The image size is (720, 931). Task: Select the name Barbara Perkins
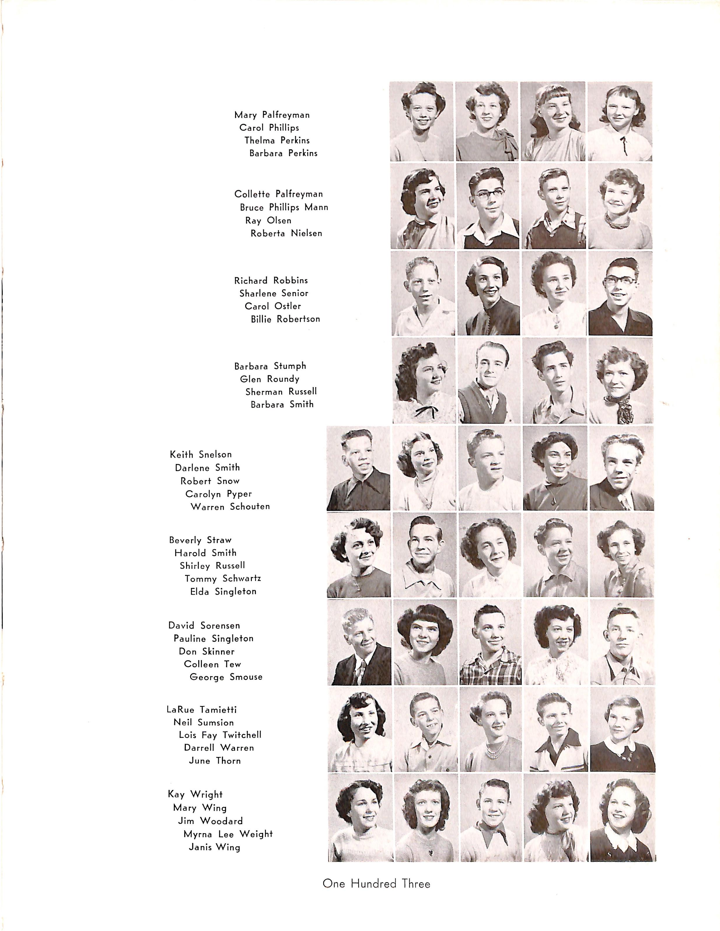point(283,153)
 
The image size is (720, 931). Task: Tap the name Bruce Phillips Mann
point(284,208)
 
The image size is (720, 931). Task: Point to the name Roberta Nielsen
point(286,234)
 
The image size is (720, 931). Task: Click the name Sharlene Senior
point(273,293)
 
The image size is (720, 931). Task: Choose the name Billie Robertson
point(285,319)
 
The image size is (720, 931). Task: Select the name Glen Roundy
point(270,379)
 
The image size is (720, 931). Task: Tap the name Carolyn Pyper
point(219,494)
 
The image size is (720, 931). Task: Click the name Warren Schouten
point(230,507)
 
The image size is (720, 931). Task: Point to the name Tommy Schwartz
point(223,579)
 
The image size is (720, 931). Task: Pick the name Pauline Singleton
point(213,639)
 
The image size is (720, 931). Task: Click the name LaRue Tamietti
point(201,710)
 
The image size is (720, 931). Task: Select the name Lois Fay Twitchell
point(220,735)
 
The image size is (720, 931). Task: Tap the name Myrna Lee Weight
point(228,834)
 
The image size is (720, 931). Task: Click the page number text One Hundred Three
point(376,884)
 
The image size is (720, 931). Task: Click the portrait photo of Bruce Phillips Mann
point(487,207)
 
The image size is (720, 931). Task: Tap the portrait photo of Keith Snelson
point(358,469)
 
